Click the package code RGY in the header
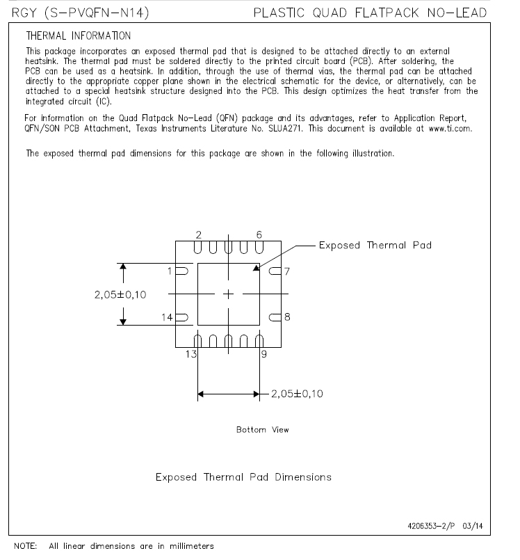tap(24, 13)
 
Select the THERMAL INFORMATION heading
tap(78, 35)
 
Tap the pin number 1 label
tap(170, 270)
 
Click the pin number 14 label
tap(168, 317)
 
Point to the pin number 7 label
tap(287, 270)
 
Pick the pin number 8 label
tap(287, 317)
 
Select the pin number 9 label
tap(263, 353)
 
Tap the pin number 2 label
tap(199, 234)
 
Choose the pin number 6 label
tap(259, 234)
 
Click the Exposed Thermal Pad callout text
tap(375, 246)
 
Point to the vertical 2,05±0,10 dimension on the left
tap(120, 294)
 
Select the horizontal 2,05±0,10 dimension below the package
tap(297, 394)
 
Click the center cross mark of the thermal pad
tap(229, 294)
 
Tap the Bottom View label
tap(262, 430)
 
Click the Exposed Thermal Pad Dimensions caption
tap(243, 477)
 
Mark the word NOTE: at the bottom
tap(26, 546)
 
